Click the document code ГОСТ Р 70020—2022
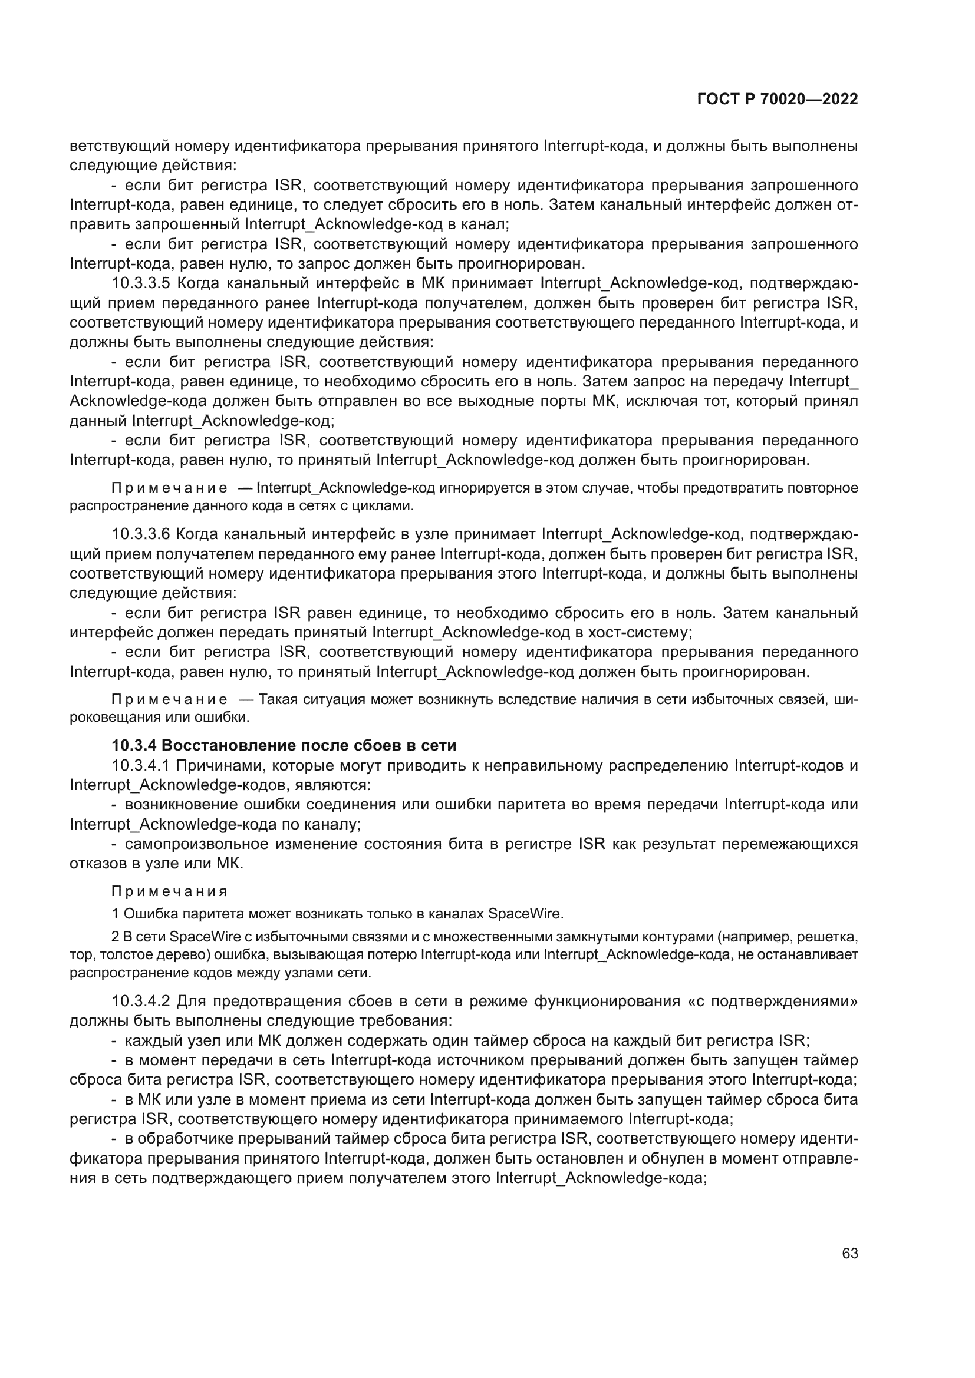click(x=778, y=100)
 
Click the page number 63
click(x=849, y=1253)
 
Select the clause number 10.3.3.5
click(x=141, y=283)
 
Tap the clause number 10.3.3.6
click(x=141, y=534)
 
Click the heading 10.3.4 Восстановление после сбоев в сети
click(x=284, y=745)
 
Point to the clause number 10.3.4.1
click(x=141, y=766)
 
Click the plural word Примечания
click(x=170, y=891)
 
